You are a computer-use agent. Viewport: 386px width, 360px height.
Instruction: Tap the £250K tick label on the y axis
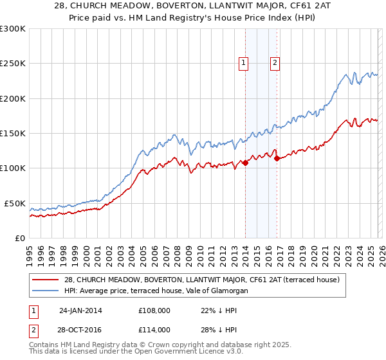13,64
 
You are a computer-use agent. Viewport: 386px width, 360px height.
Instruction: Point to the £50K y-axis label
15,203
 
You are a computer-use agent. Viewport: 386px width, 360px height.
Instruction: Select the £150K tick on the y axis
13,133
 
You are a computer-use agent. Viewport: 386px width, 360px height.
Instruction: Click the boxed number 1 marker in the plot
244,62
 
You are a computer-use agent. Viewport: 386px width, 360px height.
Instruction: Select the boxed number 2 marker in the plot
275,62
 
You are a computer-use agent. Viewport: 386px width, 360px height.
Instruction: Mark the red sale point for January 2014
245,163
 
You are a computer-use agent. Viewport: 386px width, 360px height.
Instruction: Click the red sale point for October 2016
277,159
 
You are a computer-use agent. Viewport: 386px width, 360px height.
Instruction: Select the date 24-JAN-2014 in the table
80,310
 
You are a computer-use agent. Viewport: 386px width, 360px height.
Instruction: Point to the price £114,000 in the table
154,329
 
